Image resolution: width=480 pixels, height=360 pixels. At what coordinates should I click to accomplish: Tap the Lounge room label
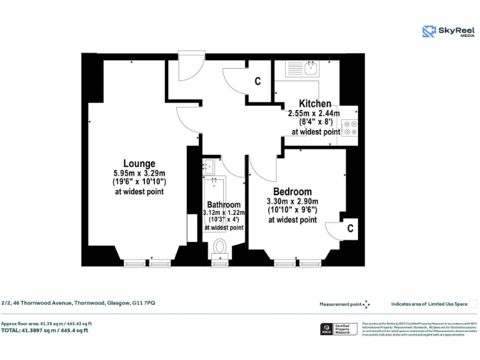pos(139,164)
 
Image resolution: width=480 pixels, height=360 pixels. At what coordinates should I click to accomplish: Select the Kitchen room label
pos(315,104)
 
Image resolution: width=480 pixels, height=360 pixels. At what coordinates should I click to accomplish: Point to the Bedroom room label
pos(292,192)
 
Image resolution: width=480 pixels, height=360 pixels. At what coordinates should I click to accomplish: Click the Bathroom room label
pos(224,205)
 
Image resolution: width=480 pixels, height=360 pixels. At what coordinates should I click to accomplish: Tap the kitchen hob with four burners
pos(349,127)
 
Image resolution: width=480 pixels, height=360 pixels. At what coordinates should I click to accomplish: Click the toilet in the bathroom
pos(219,248)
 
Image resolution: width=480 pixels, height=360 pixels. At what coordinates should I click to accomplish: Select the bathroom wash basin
pos(209,166)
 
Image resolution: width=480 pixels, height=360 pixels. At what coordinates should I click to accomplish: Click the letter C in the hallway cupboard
pos(257,81)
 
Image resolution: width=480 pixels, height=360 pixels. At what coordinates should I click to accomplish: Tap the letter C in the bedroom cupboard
pos(350,229)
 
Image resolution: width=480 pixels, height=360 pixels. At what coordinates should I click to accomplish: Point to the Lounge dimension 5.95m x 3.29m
pos(139,173)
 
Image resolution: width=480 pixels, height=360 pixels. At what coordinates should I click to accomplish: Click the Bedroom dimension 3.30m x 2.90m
pos(292,201)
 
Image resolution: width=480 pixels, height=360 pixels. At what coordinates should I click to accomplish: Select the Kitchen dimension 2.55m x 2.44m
pos(314,114)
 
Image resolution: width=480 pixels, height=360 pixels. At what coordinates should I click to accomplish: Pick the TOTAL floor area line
pos(44,330)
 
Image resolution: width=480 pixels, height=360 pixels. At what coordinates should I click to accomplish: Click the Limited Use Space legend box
pos(473,304)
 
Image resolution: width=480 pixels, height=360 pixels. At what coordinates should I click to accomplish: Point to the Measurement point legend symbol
pos(367,304)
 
